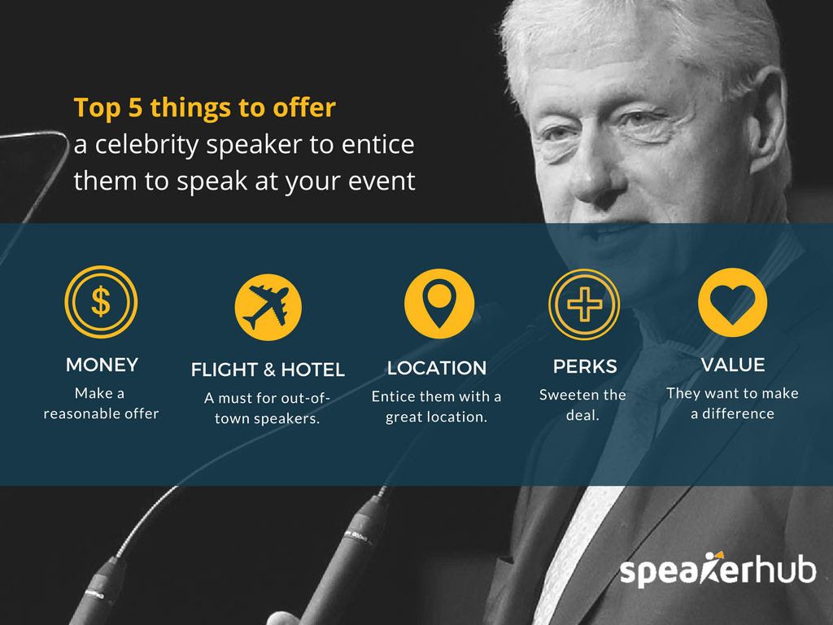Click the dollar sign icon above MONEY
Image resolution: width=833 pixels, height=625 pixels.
[x=101, y=302]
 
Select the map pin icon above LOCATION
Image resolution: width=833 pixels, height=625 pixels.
[x=438, y=304]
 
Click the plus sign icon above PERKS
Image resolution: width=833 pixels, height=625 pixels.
[x=584, y=304]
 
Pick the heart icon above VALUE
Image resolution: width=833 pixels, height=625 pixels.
[x=732, y=302]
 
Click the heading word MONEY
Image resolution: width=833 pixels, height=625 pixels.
[x=102, y=365]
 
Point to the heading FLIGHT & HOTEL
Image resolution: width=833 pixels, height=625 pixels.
[x=268, y=370]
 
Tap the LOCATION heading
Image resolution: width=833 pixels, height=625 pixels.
[x=437, y=369]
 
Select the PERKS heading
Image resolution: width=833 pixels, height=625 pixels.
[x=585, y=367]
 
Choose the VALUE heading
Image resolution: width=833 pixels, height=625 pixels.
[x=733, y=365]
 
